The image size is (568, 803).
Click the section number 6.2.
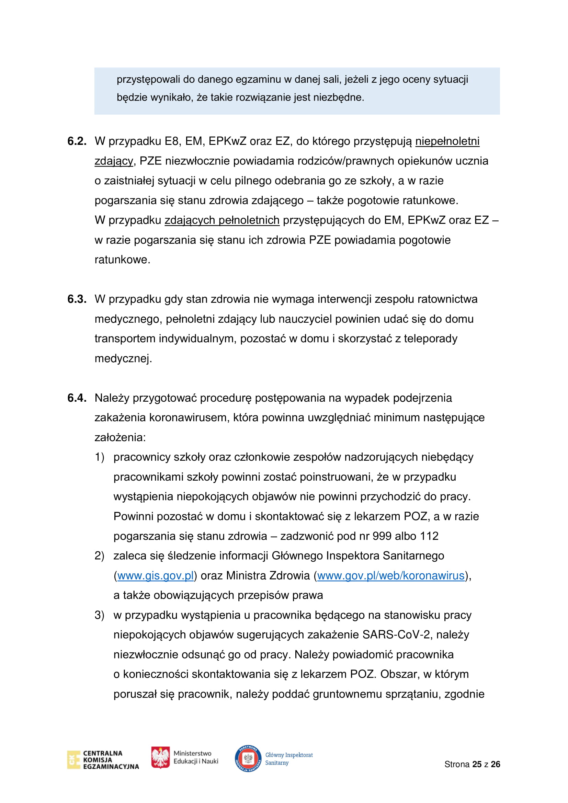pos(77,141)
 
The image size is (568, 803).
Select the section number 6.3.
pos(77,299)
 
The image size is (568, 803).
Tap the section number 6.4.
pos(77,398)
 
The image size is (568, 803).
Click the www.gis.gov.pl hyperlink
pos(155,576)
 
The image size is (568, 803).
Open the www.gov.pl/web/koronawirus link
pos(391,576)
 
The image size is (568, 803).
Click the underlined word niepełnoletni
pos(447,141)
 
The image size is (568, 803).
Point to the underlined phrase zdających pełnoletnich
pos(222,220)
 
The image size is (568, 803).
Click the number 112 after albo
pos(429,536)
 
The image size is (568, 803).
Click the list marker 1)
pos(99,457)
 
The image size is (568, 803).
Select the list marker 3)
pos(99,615)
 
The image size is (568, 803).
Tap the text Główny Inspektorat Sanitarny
pos(288,759)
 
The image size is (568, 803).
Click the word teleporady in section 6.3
pos(430,339)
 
